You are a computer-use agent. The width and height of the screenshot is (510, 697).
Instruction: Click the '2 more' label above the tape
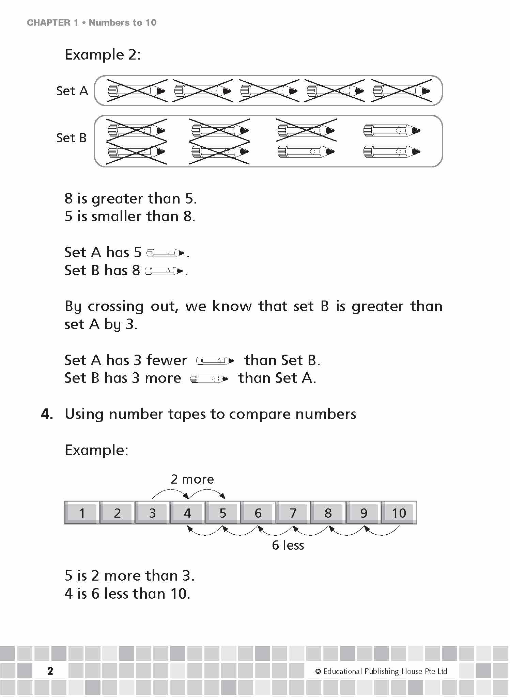tap(192, 479)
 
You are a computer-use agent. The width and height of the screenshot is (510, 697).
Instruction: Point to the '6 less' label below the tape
tap(288, 545)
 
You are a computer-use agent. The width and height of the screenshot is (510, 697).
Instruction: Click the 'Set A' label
tap(72, 91)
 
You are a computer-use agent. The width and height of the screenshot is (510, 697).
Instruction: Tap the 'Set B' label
tap(72, 138)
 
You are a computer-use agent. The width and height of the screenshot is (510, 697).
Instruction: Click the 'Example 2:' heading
tap(103, 55)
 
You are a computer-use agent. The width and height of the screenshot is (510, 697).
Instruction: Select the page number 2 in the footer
tap(50, 671)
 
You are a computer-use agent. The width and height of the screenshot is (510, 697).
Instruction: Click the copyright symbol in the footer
tap(318, 671)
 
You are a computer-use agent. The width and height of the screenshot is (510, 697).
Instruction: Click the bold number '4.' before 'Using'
tap(47, 414)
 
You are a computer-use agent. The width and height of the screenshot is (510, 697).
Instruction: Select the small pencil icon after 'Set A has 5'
tap(166, 253)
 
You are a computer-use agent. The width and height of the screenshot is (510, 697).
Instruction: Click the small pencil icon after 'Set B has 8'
tap(164, 271)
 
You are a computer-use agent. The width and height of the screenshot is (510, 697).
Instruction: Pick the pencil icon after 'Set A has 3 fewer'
tap(215, 360)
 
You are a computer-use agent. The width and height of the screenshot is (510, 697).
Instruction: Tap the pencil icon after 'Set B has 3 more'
tap(209, 378)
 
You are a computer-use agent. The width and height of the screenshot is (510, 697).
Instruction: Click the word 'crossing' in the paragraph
tap(115, 307)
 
